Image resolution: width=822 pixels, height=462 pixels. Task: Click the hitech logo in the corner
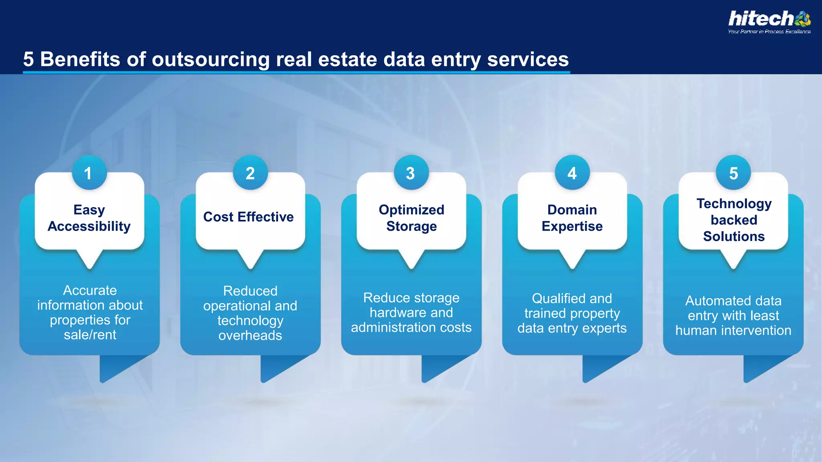point(769,19)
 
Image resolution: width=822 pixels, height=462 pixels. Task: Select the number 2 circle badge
point(250,173)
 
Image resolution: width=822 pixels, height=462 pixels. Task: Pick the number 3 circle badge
point(411,173)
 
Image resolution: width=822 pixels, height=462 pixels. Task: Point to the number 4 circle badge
point(572,173)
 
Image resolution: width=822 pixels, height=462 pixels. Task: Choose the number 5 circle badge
point(733,173)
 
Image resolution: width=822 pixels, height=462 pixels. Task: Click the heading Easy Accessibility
point(89,218)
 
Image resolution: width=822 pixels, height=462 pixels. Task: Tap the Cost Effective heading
point(248,217)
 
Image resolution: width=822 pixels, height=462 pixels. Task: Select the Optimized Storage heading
point(411,218)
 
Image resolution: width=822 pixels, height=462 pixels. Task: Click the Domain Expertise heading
point(572,218)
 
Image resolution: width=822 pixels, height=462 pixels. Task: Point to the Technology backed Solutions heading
point(734,220)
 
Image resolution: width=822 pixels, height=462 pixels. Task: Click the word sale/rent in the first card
point(90,335)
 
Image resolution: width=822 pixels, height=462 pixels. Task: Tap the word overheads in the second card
point(250,336)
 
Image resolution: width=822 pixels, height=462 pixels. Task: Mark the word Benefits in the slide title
point(80,59)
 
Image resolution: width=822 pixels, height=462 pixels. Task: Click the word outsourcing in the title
point(210,59)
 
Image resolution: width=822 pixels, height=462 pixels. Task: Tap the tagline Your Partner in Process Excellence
point(769,32)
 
